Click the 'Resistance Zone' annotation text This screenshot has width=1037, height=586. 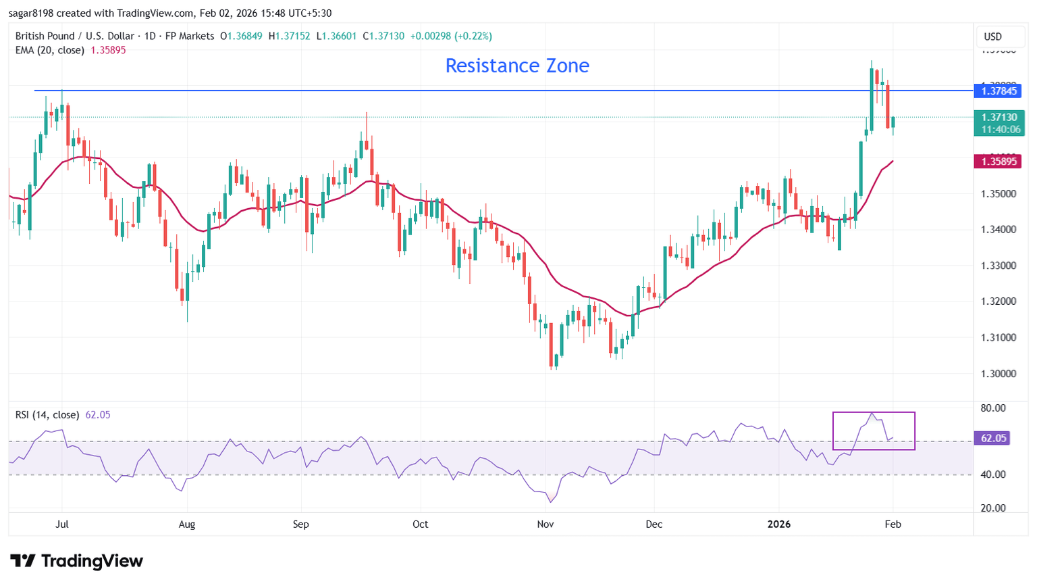(517, 66)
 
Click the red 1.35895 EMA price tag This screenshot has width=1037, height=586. (999, 161)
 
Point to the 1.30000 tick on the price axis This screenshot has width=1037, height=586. (999, 374)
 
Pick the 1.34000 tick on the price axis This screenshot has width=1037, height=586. (999, 230)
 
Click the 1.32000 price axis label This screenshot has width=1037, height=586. (999, 301)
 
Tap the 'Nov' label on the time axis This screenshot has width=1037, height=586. (546, 524)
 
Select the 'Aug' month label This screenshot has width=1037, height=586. (187, 524)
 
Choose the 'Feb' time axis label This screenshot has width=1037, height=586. (893, 524)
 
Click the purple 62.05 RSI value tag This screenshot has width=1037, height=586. (994, 438)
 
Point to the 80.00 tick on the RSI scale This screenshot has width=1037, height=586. (994, 408)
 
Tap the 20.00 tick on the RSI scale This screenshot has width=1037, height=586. (994, 508)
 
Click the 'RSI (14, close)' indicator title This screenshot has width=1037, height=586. (47, 415)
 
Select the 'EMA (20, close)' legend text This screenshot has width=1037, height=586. (50, 50)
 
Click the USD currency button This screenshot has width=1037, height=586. (993, 36)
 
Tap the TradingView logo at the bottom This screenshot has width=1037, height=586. (77, 561)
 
